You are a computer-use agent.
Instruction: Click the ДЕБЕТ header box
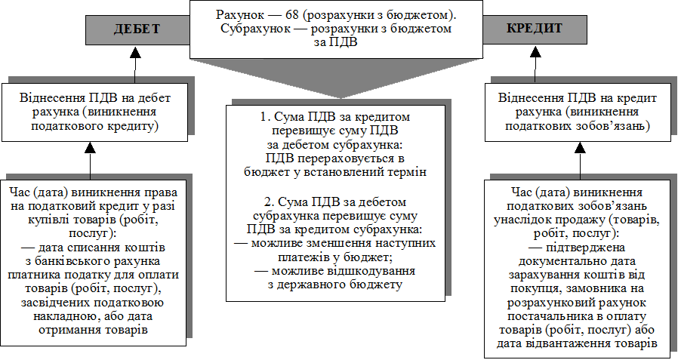(x=137, y=29)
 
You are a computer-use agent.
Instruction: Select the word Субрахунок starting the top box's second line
(x=255, y=29)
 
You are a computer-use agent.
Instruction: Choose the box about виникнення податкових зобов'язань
(x=580, y=112)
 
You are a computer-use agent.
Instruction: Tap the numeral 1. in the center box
(x=263, y=118)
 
